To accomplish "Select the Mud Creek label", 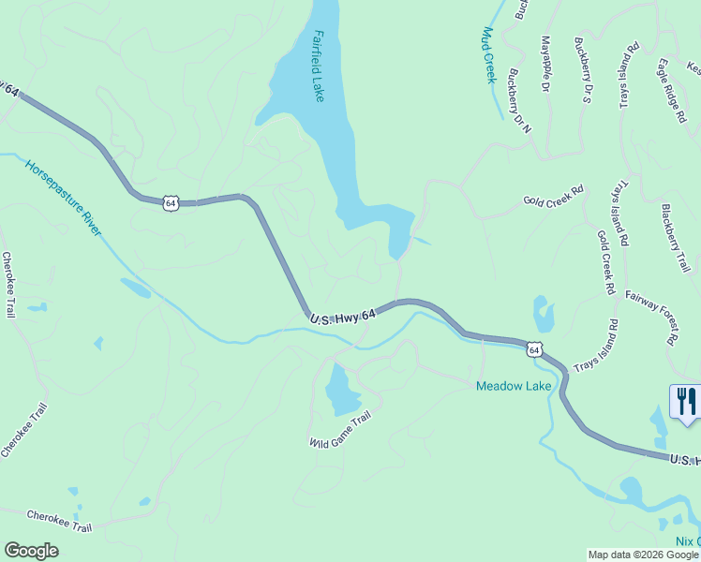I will click(x=487, y=54).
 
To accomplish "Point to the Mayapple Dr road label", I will click(x=544, y=64).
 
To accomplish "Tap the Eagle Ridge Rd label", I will click(x=671, y=83).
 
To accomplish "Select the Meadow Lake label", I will click(x=514, y=386).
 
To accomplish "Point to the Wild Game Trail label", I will click(x=341, y=428).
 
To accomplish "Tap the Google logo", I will click(x=32, y=551).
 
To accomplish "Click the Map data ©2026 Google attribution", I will click(x=643, y=555).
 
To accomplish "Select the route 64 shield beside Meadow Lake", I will click(x=534, y=349).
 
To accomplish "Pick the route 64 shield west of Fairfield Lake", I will click(x=170, y=201).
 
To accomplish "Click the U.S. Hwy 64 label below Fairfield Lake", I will click(x=343, y=318).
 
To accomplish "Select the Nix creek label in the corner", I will click(x=688, y=541).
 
